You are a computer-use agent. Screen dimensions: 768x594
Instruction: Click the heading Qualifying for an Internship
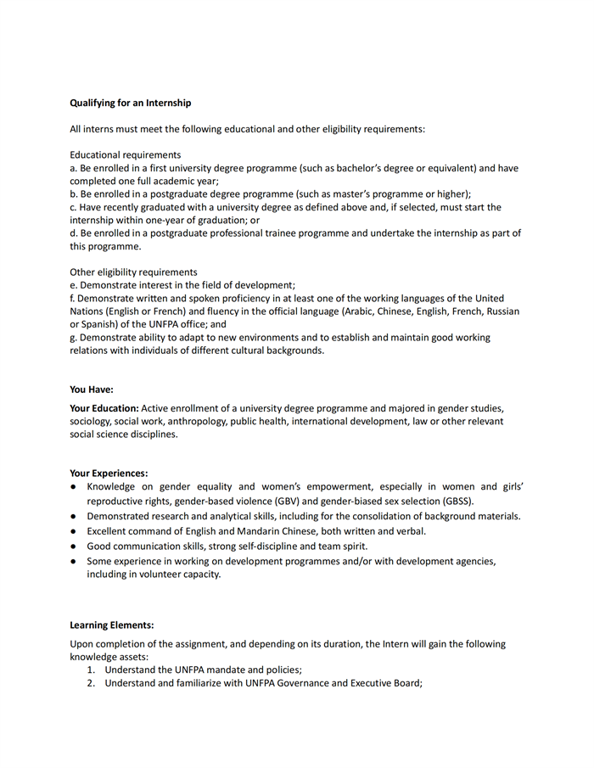click(130, 103)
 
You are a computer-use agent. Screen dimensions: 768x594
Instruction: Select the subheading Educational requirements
click(125, 155)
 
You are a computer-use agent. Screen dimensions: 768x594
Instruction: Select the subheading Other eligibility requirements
click(133, 272)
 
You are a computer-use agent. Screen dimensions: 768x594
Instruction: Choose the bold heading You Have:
click(91, 390)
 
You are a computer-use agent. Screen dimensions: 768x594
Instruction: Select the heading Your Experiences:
click(109, 473)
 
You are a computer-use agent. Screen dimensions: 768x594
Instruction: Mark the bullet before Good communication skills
click(75, 546)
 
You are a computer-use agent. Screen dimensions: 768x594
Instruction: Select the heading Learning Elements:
click(111, 625)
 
